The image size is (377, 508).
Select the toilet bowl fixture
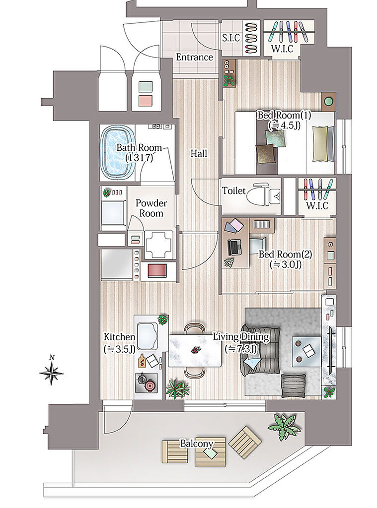(x=263, y=195)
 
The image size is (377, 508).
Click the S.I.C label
(x=231, y=38)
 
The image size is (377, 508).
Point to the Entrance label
(x=194, y=57)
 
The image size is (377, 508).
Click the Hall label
(x=199, y=153)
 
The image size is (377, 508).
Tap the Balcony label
(x=197, y=443)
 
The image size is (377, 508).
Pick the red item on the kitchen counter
(x=157, y=270)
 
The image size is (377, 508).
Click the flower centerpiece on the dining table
(x=195, y=350)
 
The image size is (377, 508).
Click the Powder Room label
(x=151, y=208)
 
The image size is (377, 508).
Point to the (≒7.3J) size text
(x=241, y=349)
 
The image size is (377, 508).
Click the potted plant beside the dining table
(x=177, y=388)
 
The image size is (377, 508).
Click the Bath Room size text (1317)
(x=139, y=158)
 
